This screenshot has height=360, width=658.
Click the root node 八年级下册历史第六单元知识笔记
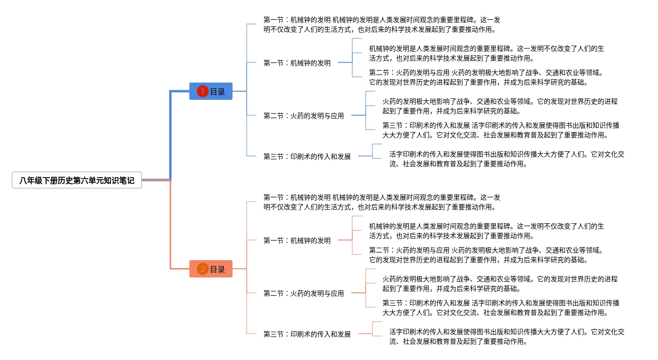click(77, 180)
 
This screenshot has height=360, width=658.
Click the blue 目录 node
click(211, 91)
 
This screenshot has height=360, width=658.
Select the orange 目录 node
click(211, 269)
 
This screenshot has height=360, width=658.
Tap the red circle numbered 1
click(203, 91)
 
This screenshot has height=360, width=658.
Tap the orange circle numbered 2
click(203, 269)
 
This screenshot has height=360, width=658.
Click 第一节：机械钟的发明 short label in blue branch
click(297, 63)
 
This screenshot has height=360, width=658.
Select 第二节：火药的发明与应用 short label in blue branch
click(303, 116)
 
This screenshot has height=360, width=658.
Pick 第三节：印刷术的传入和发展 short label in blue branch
click(307, 156)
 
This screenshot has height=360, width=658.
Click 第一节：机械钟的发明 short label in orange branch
click(297, 240)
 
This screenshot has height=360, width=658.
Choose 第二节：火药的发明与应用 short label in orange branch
click(303, 293)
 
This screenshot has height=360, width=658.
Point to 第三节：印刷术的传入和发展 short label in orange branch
click(307, 334)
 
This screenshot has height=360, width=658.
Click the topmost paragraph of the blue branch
click(382, 24)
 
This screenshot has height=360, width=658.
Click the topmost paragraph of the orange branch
click(382, 202)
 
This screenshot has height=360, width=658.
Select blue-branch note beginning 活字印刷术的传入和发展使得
click(507, 159)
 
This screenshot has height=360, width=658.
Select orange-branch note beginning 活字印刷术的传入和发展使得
click(507, 336)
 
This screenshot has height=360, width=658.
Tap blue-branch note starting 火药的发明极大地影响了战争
click(500, 106)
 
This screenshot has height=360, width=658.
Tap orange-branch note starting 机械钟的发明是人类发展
click(487, 231)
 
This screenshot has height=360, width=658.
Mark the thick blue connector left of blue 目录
click(170, 135)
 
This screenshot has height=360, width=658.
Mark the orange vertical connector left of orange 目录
click(170, 225)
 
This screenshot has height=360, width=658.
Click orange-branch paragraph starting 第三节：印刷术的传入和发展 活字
click(501, 308)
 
